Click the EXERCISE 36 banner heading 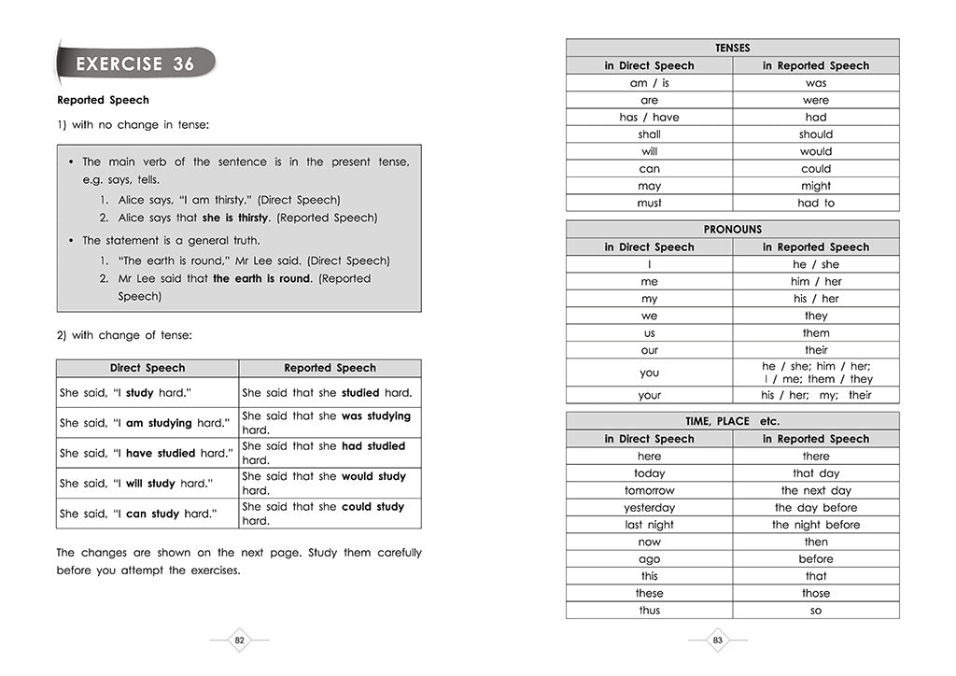[x=135, y=64]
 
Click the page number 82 [x=239, y=641]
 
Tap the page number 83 [x=718, y=641]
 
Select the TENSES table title [x=732, y=48]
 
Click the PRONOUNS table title [x=732, y=229]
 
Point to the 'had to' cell [x=815, y=203]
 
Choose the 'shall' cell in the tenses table [x=649, y=134]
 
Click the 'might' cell [x=815, y=186]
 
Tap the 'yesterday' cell [x=649, y=508]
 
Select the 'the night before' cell [x=815, y=525]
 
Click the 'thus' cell [x=649, y=611]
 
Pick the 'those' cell [x=815, y=593]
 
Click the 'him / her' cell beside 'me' [x=815, y=281]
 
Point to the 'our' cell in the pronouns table [x=649, y=350]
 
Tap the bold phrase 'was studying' [x=376, y=416]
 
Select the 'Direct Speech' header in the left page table [x=148, y=368]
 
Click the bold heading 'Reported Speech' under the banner [x=103, y=100]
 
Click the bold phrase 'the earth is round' [x=260, y=278]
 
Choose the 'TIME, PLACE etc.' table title [x=732, y=421]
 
